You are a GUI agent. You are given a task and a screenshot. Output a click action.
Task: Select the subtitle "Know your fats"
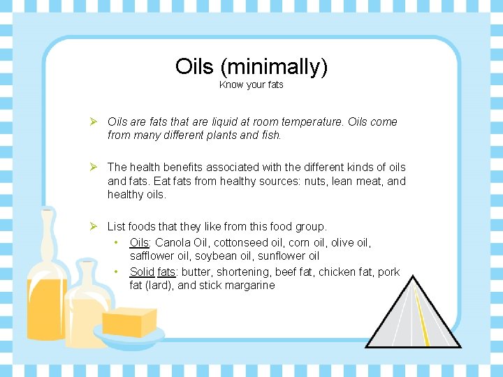(x=251, y=85)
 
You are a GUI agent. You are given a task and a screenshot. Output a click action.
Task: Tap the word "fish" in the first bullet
(x=269, y=135)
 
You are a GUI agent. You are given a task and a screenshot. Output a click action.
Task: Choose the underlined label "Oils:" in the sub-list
(x=140, y=243)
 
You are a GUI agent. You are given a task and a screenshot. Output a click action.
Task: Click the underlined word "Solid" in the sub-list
(x=142, y=271)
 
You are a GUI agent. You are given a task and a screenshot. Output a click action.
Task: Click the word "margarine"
(x=249, y=285)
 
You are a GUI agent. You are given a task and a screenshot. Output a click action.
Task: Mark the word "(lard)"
(x=159, y=285)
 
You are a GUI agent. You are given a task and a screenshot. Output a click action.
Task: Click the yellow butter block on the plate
(x=129, y=323)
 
